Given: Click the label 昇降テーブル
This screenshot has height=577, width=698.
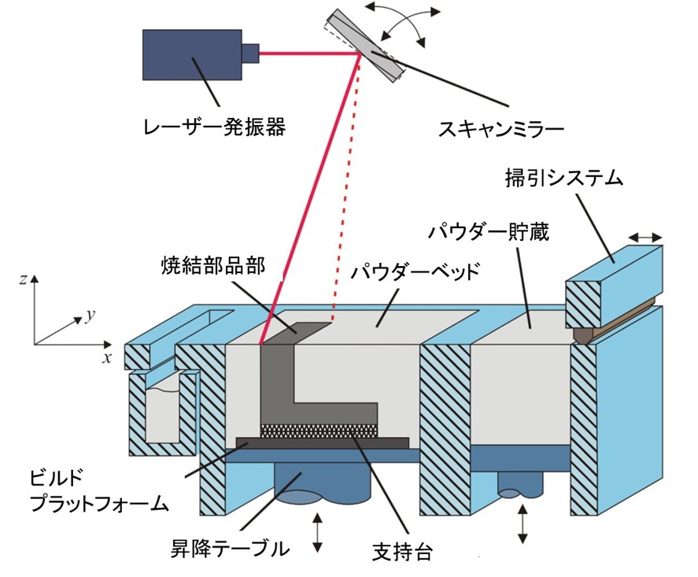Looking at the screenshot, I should point(230,548).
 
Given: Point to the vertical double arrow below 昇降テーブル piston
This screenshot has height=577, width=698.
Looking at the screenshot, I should point(318,532).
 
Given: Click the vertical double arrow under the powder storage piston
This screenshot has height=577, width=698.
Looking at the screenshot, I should point(521,523).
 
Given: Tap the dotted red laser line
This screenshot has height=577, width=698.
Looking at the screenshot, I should point(345,197).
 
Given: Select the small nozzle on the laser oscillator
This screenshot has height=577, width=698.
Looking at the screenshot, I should point(249,53).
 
